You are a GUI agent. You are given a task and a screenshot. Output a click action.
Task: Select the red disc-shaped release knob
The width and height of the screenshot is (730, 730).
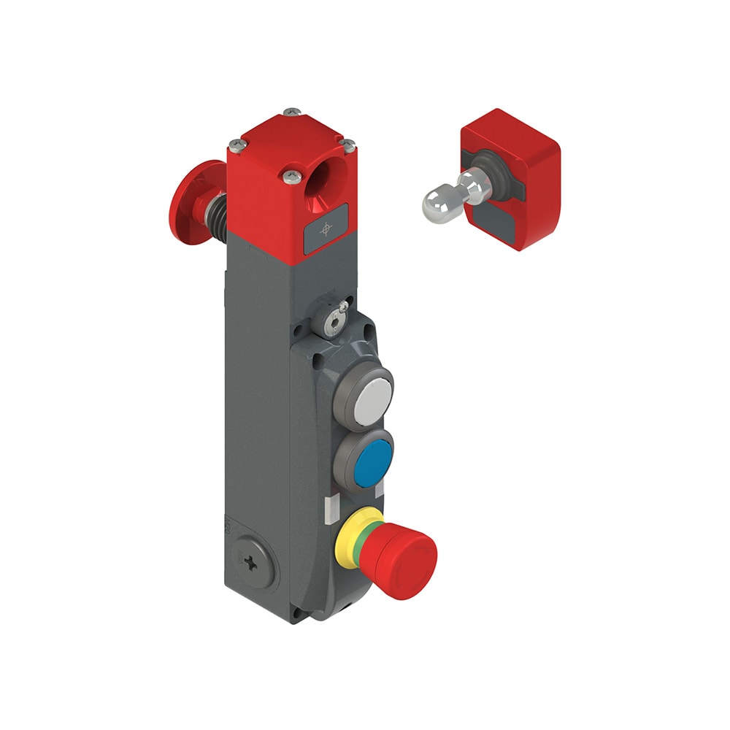tap(185, 202)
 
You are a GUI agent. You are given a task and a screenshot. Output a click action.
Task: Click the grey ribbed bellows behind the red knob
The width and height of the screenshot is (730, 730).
tap(217, 204)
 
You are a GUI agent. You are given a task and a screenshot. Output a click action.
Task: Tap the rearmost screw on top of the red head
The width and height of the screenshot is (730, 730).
tap(293, 112)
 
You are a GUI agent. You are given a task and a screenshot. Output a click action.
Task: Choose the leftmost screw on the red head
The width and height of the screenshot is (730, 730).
tap(235, 144)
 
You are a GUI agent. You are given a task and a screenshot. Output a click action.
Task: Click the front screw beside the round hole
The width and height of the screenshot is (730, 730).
tap(292, 175)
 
